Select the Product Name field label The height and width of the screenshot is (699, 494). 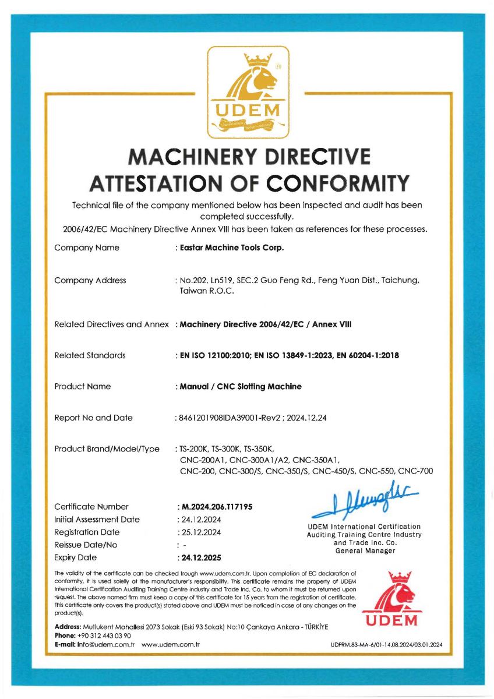tap(82, 386)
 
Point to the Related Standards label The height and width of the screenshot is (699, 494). tap(90, 355)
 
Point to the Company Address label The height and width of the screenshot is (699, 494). tap(90, 280)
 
